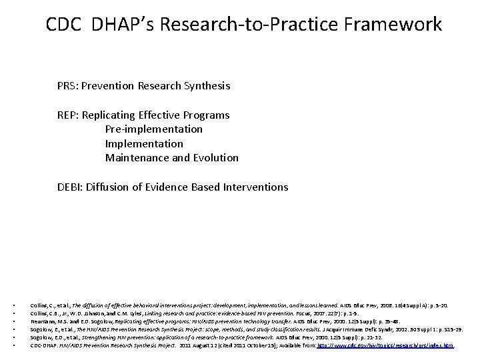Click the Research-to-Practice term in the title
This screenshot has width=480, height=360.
(245, 25)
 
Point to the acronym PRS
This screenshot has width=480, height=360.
(67, 86)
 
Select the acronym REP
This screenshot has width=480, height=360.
(67, 115)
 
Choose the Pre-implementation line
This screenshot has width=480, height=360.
(154, 129)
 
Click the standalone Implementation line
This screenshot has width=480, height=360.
(144, 143)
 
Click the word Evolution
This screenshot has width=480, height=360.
(215, 158)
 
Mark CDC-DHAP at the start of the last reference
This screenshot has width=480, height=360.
(45, 345)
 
